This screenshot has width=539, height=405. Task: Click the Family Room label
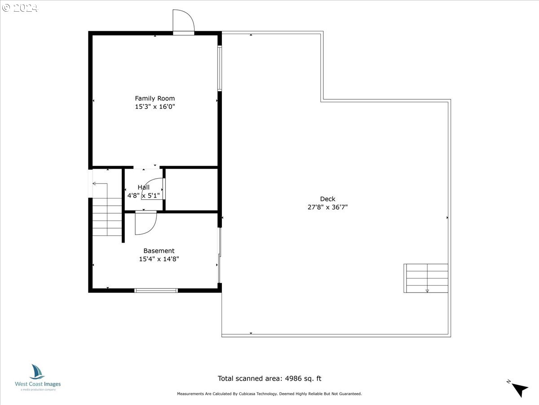[155, 99]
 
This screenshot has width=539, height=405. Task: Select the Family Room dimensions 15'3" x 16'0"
[155, 107]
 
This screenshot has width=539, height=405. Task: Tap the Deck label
[327, 199]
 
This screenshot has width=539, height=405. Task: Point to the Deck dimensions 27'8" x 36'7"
[327, 207]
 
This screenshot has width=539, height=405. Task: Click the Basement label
[159, 251]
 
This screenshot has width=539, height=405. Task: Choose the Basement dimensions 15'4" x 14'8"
[159, 259]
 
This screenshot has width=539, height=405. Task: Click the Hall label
[143, 187]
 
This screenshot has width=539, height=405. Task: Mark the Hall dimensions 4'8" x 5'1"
[143, 195]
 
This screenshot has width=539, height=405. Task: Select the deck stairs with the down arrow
[426, 278]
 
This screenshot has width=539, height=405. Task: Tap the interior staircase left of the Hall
[107, 216]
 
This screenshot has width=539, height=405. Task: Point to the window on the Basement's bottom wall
[156, 290]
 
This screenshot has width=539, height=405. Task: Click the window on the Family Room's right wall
[220, 68]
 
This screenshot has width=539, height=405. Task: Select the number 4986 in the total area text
[293, 378]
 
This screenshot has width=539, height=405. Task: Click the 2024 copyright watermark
[20, 8]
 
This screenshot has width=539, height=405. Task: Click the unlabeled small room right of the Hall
[191, 189]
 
